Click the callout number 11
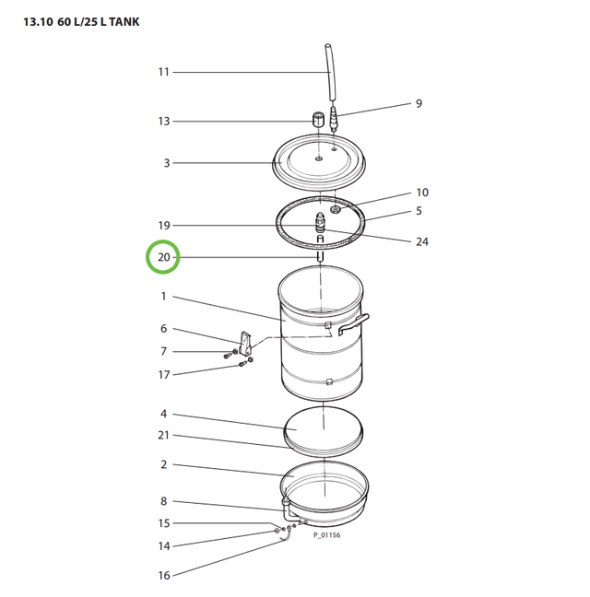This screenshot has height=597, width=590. pyautogui.click(x=164, y=72)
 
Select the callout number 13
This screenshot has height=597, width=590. pyautogui.click(x=164, y=122)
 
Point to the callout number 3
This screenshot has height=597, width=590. pyautogui.click(x=167, y=163)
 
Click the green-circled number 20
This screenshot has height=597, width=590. pyautogui.click(x=163, y=258)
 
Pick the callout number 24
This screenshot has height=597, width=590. pyautogui.click(x=422, y=242)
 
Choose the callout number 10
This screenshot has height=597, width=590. pyautogui.click(x=421, y=193)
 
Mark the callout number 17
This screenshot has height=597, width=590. pyautogui.click(x=164, y=374)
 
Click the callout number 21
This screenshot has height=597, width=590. pyautogui.click(x=164, y=435)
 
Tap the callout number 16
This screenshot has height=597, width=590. pyautogui.click(x=164, y=576)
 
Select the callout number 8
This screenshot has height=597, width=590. pyautogui.click(x=164, y=501)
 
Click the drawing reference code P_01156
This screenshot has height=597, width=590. pyautogui.click(x=326, y=534)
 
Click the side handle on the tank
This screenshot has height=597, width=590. pyautogui.click(x=355, y=323)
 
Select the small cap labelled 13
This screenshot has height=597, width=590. pyautogui.click(x=317, y=121)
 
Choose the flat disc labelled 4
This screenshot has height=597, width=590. pyautogui.click(x=323, y=426)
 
